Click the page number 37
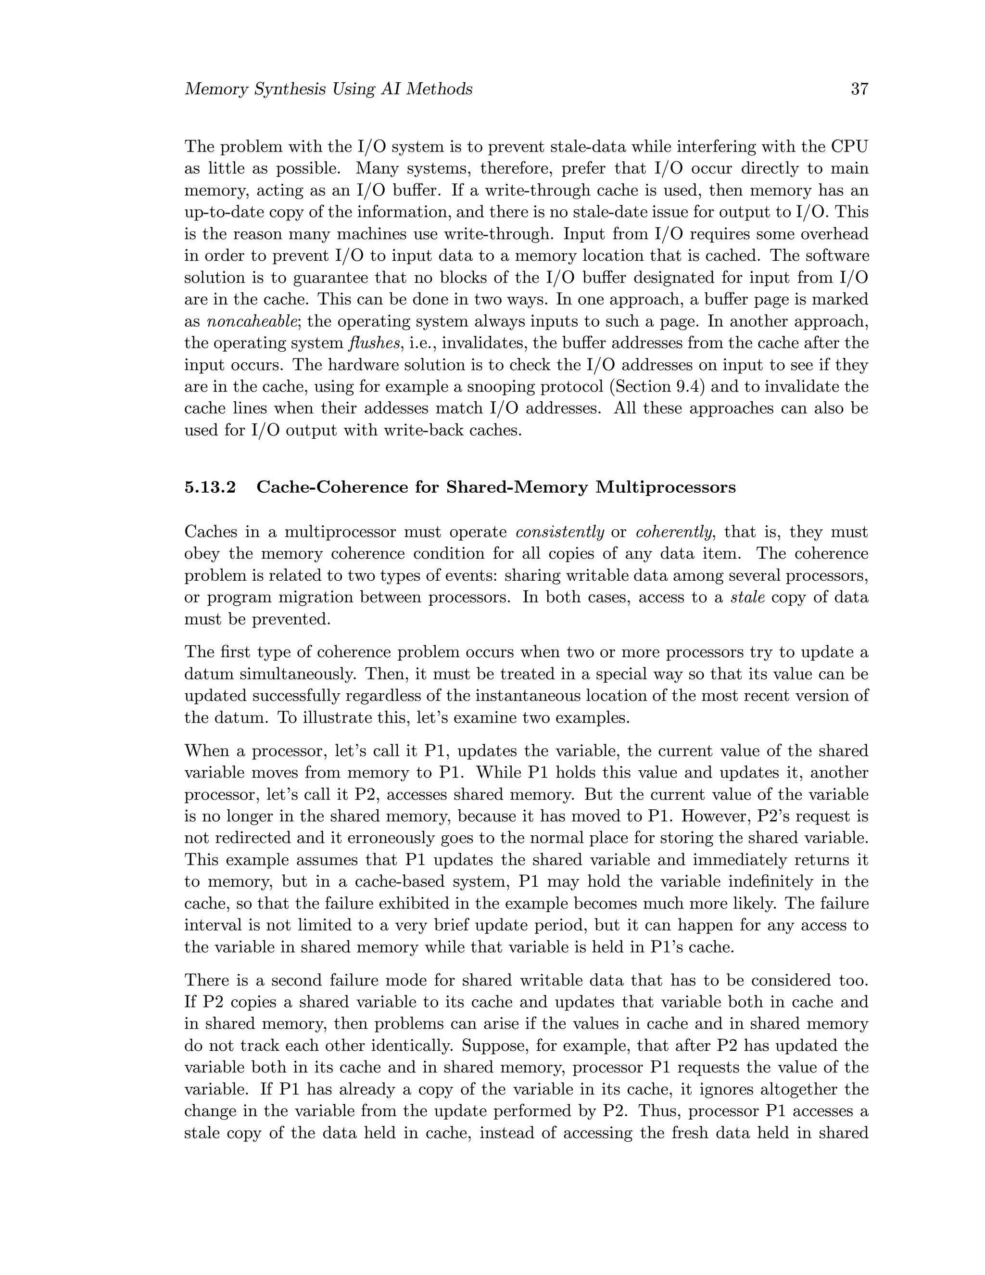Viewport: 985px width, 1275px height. [x=859, y=89]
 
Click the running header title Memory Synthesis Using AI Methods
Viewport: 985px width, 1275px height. [x=328, y=89]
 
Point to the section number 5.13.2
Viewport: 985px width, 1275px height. [x=210, y=487]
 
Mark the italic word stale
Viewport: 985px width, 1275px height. [x=747, y=598]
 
